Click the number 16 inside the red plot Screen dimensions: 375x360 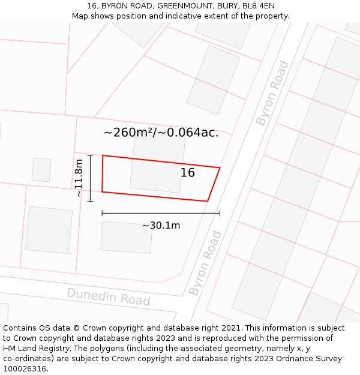click(188, 173)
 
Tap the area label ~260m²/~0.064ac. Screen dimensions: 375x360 click(161, 133)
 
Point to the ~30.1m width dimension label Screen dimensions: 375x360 click(161, 226)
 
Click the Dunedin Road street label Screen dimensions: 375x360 click(108, 296)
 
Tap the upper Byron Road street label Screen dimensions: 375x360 click(272, 93)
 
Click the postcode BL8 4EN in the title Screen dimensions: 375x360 click(259, 7)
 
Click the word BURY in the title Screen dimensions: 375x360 click(224, 7)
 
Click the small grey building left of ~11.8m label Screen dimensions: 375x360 click(41, 170)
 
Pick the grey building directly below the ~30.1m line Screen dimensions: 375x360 click(126, 238)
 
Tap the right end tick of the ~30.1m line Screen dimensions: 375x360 click(220, 212)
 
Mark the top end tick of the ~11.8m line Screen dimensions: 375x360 click(90, 155)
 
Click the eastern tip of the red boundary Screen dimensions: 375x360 click(220, 168)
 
